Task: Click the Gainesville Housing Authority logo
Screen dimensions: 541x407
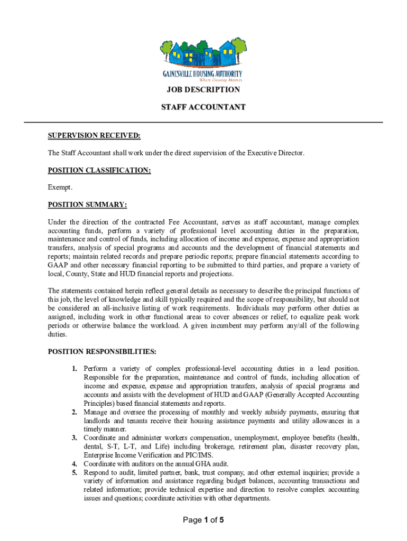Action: [202, 58]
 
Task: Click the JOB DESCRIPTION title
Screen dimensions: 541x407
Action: [203, 90]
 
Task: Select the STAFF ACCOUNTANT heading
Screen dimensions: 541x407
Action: [203, 107]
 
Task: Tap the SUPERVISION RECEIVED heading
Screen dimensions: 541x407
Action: [94, 136]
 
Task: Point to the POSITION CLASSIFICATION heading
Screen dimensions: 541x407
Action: [99, 170]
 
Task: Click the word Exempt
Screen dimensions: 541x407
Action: [60, 188]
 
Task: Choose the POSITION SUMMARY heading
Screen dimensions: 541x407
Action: [87, 204]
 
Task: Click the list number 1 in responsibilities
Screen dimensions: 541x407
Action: [76, 368]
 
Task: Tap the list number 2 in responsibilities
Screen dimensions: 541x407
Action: [76, 412]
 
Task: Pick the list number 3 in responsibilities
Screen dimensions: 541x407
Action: [76, 437]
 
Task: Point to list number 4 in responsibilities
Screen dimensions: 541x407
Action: [76, 464]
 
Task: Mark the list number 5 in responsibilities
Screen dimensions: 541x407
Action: [76, 472]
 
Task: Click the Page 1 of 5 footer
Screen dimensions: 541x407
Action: [203, 520]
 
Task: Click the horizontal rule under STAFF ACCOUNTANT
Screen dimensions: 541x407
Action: [203, 123]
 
